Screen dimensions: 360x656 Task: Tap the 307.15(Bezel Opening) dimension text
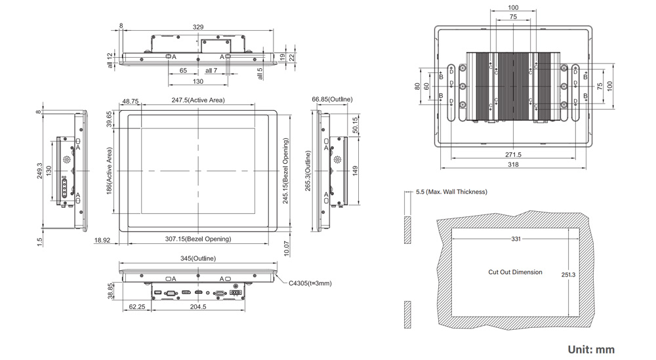click(x=197, y=239)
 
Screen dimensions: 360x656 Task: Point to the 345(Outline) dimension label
click(x=198, y=258)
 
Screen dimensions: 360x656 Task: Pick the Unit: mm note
click(x=591, y=350)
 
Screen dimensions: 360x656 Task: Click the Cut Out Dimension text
click(x=515, y=272)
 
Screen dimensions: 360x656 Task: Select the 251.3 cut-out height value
click(x=569, y=275)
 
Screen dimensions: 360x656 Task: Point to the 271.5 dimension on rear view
click(x=513, y=155)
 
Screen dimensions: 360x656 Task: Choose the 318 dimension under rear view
click(x=513, y=165)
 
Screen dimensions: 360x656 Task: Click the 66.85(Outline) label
click(x=332, y=99)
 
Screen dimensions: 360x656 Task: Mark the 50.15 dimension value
click(x=355, y=125)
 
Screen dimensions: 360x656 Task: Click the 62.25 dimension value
click(x=137, y=306)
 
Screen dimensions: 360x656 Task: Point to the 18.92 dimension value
click(x=102, y=241)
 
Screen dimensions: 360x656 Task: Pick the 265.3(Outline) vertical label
click(x=308, y=171)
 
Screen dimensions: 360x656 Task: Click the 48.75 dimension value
click(x=130, y=102)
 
